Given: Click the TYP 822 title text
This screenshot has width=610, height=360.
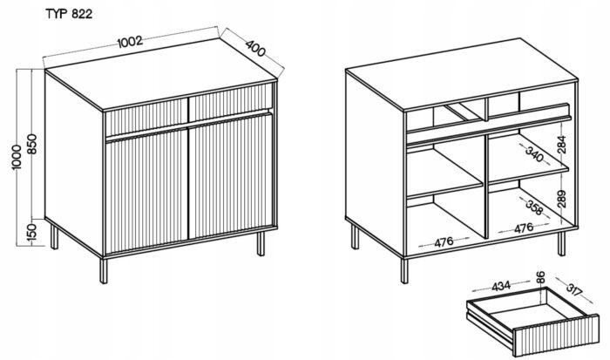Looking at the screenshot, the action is (x=69, y=14).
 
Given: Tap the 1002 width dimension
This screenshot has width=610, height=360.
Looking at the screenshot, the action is (x=130, y=41).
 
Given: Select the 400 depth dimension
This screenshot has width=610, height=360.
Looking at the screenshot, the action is (x=255, y=47).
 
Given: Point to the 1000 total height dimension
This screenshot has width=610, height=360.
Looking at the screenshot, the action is (x=17, y=156).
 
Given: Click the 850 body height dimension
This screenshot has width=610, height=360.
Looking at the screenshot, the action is (x=33, y=144).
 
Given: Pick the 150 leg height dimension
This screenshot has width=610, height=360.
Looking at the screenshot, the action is (x=33, y=232).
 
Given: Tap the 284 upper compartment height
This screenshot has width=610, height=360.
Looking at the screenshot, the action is (x=561, y=144).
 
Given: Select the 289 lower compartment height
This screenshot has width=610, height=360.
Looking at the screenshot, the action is (x=561, y=199).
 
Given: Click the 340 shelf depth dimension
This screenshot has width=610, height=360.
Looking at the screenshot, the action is (x=534, y=153).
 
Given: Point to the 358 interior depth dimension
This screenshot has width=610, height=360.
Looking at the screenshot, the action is (x=534, y=207).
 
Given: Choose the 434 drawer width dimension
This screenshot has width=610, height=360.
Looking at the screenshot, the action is (x=501, y=286).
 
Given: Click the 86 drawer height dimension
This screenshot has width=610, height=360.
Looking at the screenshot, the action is (x=540, y=277).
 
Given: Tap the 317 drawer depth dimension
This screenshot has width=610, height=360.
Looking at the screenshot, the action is (x=573, y=289).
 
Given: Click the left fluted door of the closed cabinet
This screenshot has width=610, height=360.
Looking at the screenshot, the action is (x=146, y=192).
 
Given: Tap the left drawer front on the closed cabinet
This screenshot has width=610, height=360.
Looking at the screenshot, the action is (x=146, y=116).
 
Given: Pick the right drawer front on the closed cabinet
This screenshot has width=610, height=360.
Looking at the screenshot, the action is (x=230, y=102).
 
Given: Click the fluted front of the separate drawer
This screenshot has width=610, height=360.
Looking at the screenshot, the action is (x=556, y=335).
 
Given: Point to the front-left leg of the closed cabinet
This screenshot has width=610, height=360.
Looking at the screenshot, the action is (x=104, y=271).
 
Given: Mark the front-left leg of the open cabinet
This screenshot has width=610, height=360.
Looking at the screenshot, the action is (x=404, y=271).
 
